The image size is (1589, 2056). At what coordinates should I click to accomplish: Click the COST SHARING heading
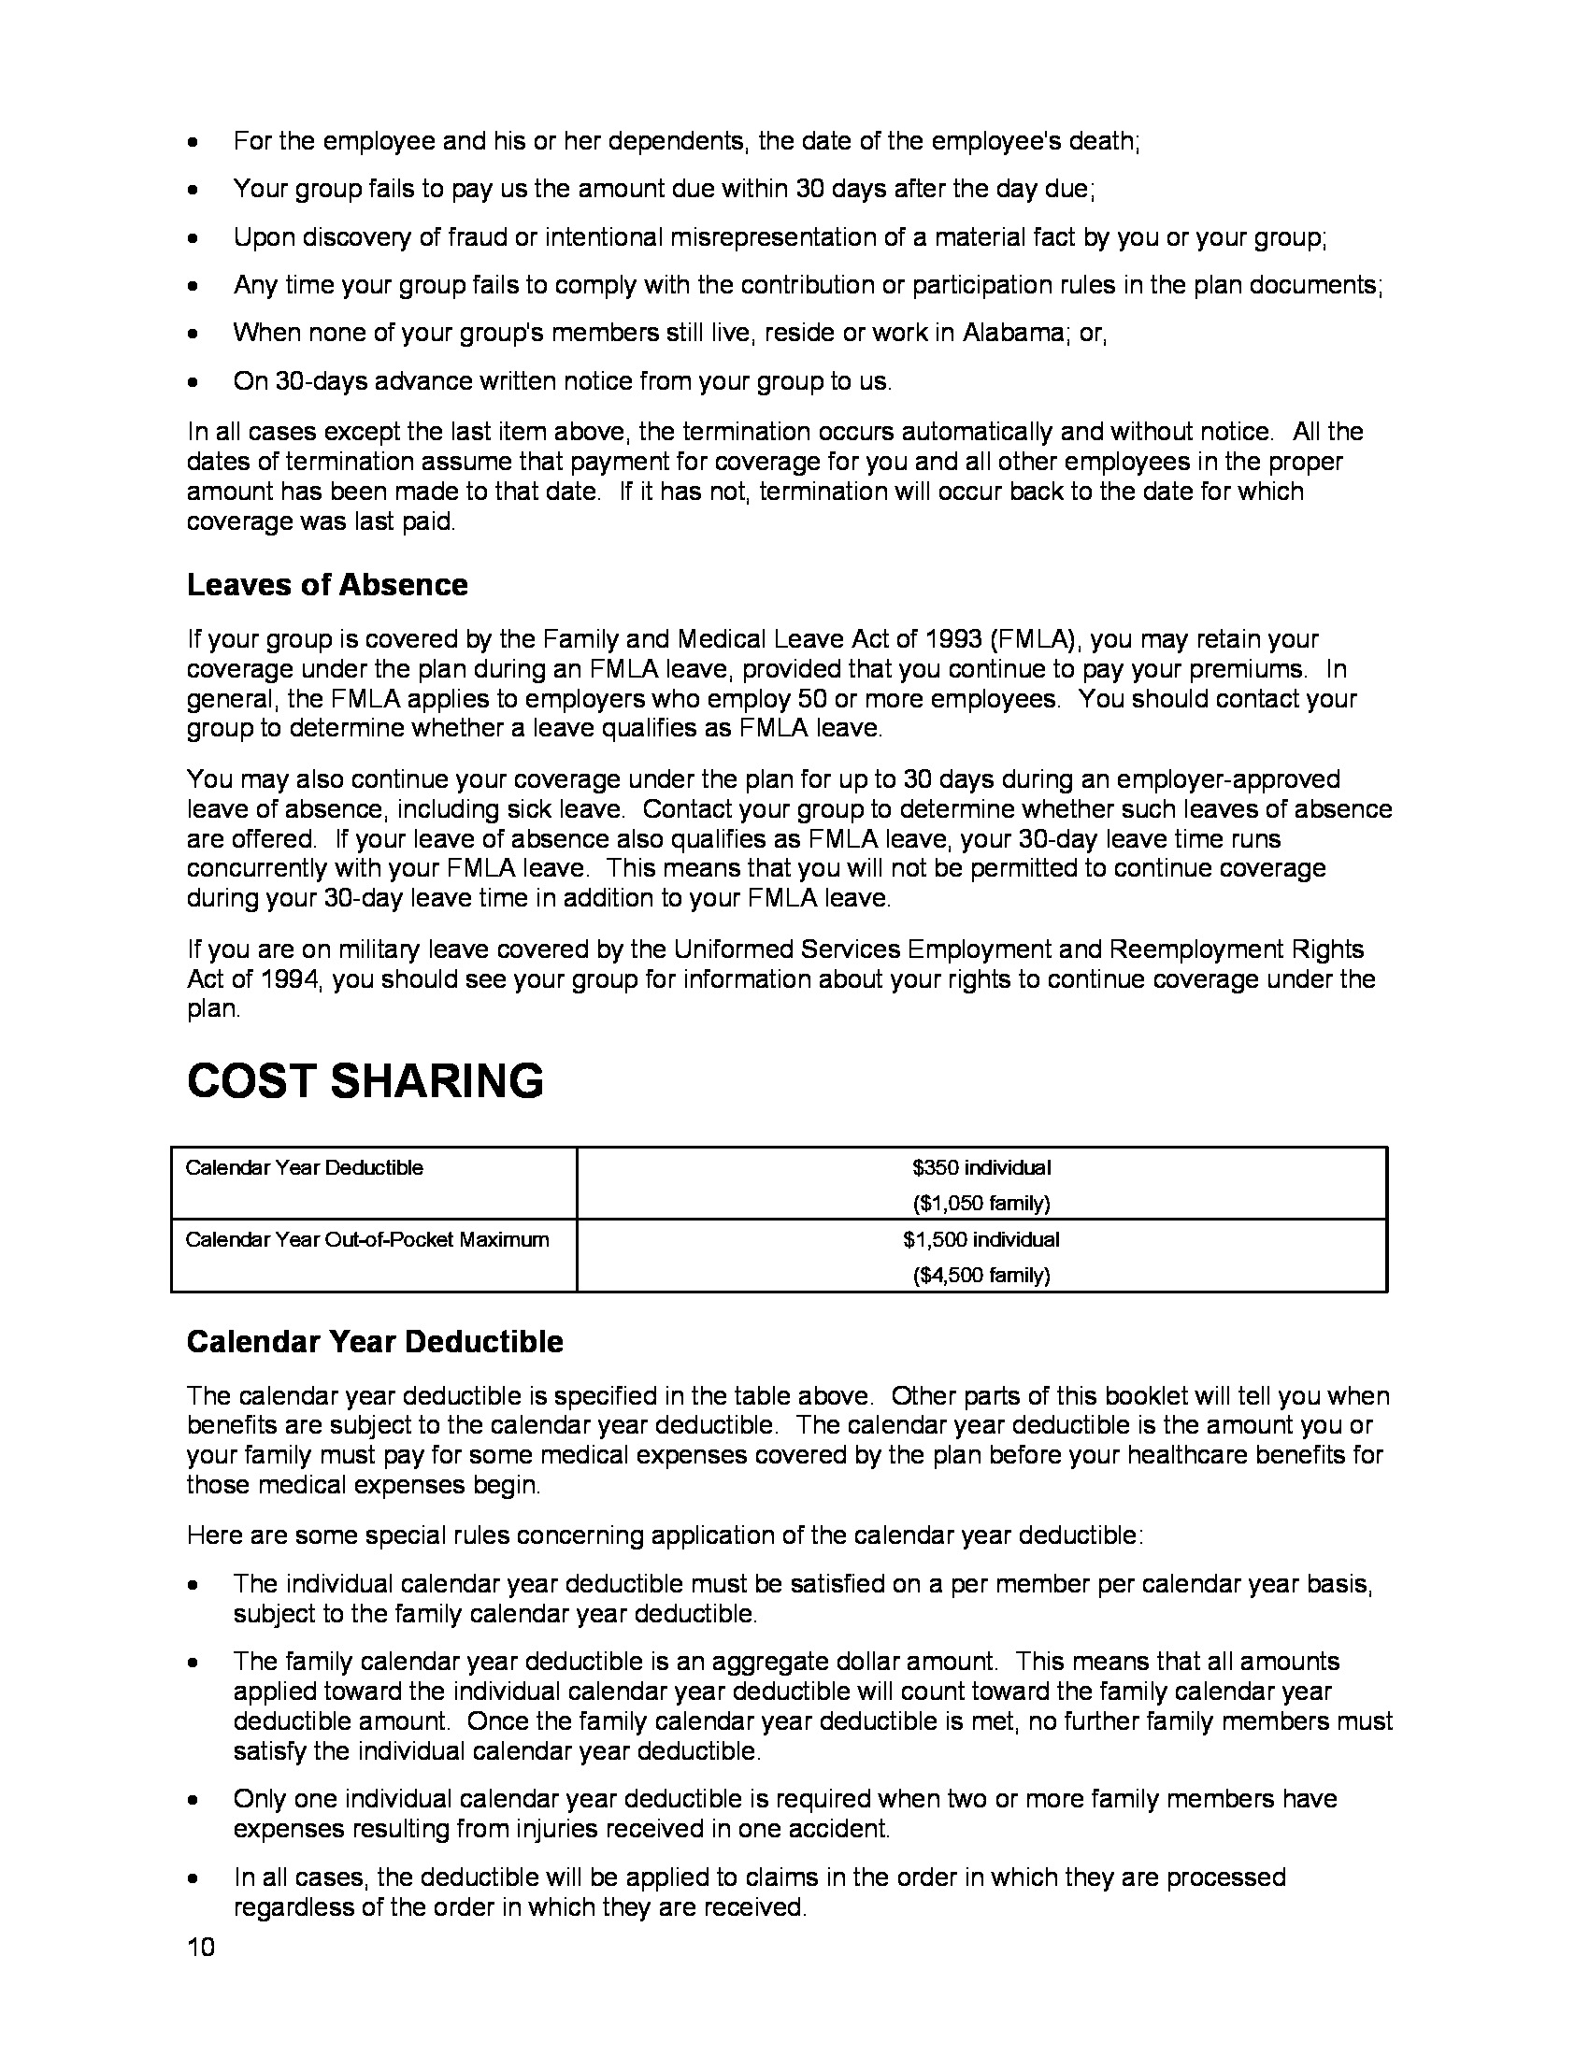365,1079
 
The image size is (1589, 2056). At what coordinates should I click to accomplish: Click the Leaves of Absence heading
326,585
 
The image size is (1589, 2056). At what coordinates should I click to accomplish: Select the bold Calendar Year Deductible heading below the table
375,1341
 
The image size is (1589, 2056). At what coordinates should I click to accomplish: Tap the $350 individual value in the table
981,1167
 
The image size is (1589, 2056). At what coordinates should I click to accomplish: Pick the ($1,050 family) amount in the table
981,1203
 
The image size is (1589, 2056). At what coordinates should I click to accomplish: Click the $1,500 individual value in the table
981,1239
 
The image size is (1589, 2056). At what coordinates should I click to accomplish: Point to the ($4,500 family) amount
981,1275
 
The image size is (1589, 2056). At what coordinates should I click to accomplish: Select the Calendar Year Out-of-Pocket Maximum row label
367,1239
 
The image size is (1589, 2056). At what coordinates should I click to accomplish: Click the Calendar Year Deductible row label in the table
304,1167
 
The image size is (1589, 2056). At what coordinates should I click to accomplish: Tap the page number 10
201,1948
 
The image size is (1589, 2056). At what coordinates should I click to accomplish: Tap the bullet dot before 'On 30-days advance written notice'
193,382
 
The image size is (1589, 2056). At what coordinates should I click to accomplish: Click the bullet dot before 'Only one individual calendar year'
193,1800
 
